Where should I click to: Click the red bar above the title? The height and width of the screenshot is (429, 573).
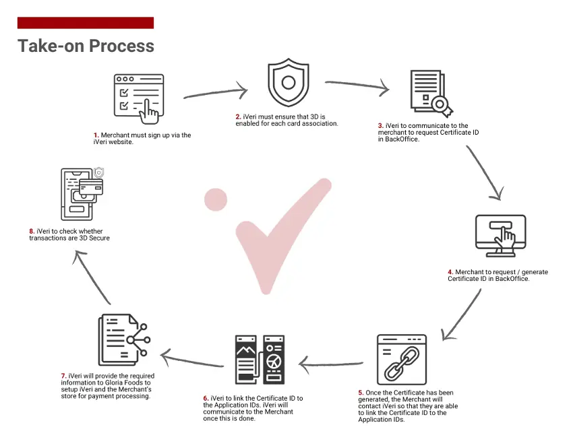pos(86,23)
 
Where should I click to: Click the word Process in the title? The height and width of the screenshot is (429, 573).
pos(122,46)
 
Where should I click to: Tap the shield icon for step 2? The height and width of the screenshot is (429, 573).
pos(289,82)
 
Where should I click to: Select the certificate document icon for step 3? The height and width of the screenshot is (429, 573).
pos(431,94)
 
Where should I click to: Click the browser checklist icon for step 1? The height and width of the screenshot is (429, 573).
pos(139,98)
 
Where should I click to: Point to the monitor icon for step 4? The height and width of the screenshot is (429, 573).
pos(501,235)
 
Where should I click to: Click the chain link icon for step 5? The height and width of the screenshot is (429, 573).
pos(402,360)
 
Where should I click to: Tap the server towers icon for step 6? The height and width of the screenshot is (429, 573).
pos(260,360)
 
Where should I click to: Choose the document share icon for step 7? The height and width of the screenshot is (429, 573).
pos(124,339)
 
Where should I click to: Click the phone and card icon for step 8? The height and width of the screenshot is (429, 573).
pos(82,193)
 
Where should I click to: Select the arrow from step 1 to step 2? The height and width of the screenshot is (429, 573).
pos(216,92)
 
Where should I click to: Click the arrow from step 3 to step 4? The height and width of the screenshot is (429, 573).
pos(484,172)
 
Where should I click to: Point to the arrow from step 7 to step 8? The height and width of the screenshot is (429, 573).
pos(92,277)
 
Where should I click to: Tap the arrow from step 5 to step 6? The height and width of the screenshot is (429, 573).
pos(331,364)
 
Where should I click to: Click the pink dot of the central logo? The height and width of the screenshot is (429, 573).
pos(216,200)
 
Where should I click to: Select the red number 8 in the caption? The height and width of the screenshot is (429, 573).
pos(32,231)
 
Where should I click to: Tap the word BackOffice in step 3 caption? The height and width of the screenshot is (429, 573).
pos(401,139)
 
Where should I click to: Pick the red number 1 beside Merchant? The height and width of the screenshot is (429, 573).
pos(96,135)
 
